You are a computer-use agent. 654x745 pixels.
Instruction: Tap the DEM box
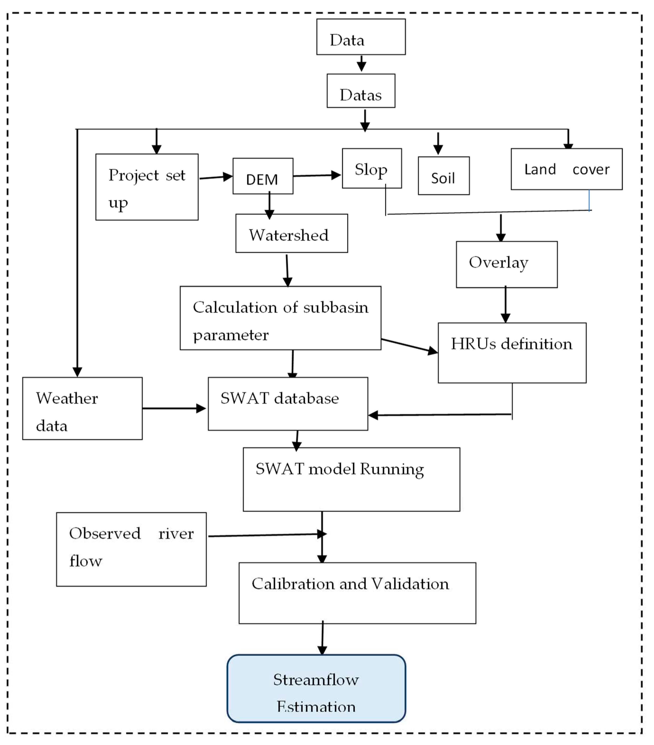[x=263, y=176]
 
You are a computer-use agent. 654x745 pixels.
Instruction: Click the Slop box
[x=372, y=168]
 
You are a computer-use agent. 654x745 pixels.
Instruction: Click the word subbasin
[x=335, y=307]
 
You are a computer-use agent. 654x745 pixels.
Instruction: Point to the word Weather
[x=67, y=398]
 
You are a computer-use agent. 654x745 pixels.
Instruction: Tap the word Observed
[x=105, y=533]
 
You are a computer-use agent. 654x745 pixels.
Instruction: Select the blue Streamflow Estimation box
[x=316, y=688]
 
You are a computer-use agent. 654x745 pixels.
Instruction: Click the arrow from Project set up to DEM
[x=216, y=177]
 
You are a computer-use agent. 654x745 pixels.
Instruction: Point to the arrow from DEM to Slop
[x=316, y=175]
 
